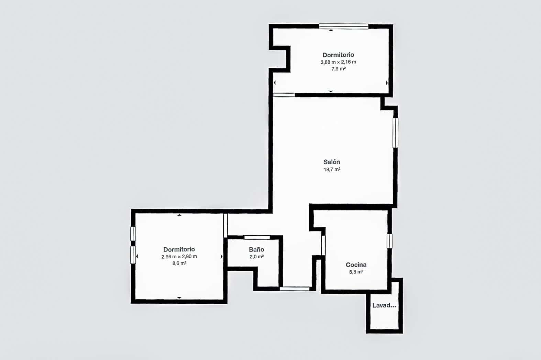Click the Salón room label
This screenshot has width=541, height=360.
pos(332,162)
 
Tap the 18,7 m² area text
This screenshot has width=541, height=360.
pos(332,169)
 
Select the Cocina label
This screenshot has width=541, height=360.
pos(356,265)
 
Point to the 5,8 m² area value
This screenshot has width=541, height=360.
pos(356,272)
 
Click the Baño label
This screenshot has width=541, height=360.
pos(256,250)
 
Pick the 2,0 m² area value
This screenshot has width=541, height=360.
pos(256,257)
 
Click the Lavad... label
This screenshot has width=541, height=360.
pos(384,305)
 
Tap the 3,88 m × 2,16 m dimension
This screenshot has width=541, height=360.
pos(338,62)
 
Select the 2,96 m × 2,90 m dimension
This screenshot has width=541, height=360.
pos(179,257)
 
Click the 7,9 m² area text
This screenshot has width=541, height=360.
pos(338,69)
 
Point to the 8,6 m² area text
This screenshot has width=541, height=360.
pos(179,263)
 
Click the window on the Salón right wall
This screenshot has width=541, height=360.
pos(395,133)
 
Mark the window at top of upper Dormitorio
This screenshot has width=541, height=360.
pos(343,26)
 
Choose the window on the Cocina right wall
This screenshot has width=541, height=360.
pos(389,241)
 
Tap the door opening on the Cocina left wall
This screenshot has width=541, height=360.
pos(323,245)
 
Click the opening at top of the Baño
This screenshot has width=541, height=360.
pos(257,237)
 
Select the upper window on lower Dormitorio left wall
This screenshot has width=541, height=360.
pos(133,234)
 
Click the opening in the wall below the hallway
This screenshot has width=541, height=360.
pos(295,289)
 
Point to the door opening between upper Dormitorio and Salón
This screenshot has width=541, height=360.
pos(284,95)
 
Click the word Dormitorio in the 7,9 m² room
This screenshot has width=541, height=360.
pos(338,55)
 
